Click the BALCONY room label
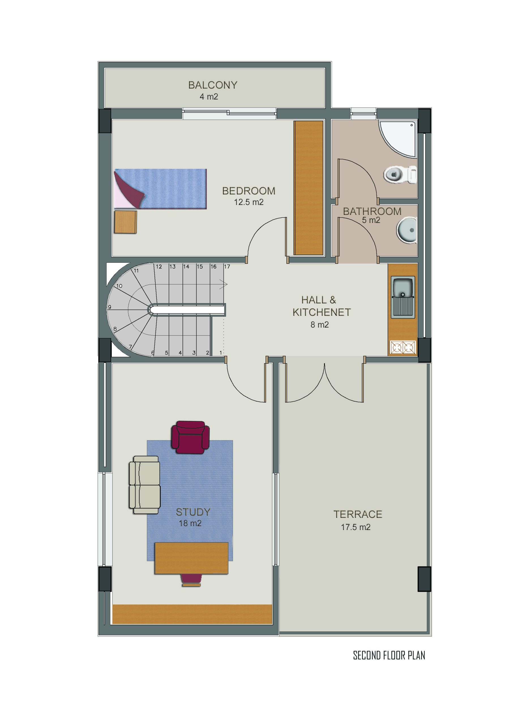(x=213, y=85)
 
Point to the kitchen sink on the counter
(x=403, y=297)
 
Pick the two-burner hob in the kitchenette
(x=403, y=348)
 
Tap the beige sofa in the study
(x=144, y=485)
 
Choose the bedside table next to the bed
(x=125, y=222)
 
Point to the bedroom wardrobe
(x=309, y=188)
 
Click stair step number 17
(x=227, y=267)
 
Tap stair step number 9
(x=110, y=307)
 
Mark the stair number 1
(x=221, y=353)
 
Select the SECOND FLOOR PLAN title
(x=389, y=656)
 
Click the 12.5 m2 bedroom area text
(x=248, y=202)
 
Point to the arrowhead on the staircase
(x=224, y=284)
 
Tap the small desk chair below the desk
(x=191, y=580)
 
